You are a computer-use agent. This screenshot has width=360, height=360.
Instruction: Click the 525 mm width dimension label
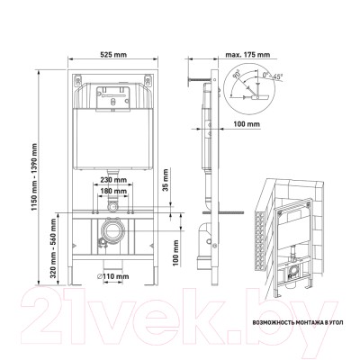coord(113,55)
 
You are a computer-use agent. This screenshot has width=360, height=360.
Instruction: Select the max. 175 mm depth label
coord(247,55)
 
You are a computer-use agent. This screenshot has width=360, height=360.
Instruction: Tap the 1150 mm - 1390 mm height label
coord(34,177)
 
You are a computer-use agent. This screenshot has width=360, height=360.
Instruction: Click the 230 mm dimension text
coord(113,180)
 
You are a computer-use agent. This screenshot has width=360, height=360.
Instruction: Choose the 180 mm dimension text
coord(113,191)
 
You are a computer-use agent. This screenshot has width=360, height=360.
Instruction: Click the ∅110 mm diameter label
coord(112,276)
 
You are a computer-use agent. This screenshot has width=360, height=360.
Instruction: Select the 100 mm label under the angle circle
coord(247,124)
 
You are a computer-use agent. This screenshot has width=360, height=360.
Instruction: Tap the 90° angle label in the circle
coord(237,74)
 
